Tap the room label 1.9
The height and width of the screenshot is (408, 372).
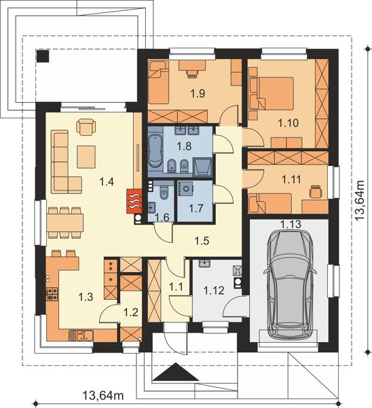pos(198,93)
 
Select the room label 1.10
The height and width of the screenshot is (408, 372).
pos(289,123)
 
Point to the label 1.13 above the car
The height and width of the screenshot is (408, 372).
pos(291,224)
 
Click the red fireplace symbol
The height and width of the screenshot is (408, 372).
pos(134,201)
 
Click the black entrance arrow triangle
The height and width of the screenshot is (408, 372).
pos(176,372)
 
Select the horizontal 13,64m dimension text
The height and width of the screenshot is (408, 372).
pos(103,396)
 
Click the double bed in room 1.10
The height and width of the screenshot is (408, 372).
pos(276,93)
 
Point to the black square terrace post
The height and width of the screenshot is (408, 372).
pos(43,56)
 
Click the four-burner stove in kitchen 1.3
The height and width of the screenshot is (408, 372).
pos(52,294)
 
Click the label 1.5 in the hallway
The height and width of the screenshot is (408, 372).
pos(202,241)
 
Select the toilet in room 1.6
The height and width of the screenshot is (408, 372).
pos(164,192)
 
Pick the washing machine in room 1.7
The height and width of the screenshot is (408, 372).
pos(185,188)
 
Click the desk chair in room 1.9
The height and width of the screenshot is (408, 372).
pos(193,73)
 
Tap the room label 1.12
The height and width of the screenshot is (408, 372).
pos(214,290)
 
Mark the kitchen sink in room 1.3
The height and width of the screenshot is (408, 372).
pos(84,335)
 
